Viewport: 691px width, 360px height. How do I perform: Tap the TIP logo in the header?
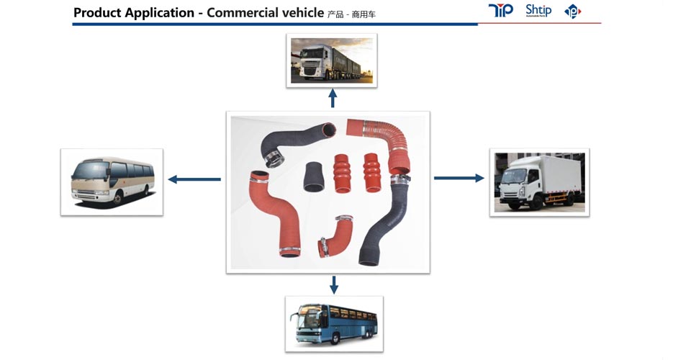coord(500,11)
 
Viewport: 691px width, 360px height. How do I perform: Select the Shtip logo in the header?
coord(538,11)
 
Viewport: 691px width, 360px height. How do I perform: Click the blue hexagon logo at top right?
coord(572,12)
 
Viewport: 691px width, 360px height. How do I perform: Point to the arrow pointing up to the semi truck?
coord(333,98)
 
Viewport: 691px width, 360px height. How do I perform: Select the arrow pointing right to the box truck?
coord(459,178)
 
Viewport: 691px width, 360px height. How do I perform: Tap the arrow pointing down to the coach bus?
coord(333,284)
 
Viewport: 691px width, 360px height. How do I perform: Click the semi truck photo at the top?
coord(332,60)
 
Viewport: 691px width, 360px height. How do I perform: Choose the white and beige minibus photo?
coord(112,181)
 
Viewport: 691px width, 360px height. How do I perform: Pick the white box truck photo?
coord(539,182)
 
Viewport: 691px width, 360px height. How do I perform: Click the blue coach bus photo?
coord(334,323)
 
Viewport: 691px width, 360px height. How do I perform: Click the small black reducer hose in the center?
coord(313,176)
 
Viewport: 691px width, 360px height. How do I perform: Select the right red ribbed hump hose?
coord(371,171)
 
